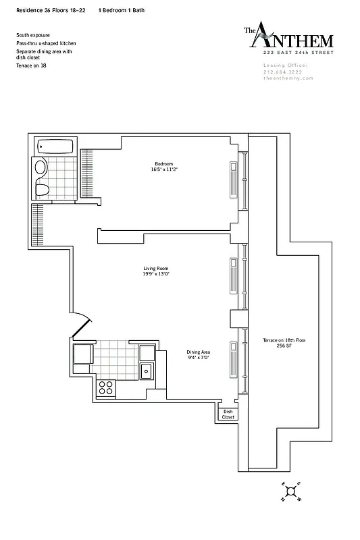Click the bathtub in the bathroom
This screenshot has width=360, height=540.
[x=57, y=146]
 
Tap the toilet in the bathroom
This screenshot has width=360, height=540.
[x=41, y=188]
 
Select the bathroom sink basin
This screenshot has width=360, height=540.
[x=41, y=168]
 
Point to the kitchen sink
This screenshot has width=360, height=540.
[x=146, y=370]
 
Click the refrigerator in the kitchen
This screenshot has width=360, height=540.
[x=83, y=354]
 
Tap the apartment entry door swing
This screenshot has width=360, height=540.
[x=79, y=325]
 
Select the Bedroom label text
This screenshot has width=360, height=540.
[x=164, y=164]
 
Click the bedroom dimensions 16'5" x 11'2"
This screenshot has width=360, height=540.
[x=164, y=170]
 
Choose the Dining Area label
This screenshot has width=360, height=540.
[x=199, y=352]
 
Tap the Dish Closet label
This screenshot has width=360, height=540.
[x=228, y=414]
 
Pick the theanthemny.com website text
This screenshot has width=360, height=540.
[x=284, y=78]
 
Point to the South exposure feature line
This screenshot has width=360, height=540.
[x=32, y=34]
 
